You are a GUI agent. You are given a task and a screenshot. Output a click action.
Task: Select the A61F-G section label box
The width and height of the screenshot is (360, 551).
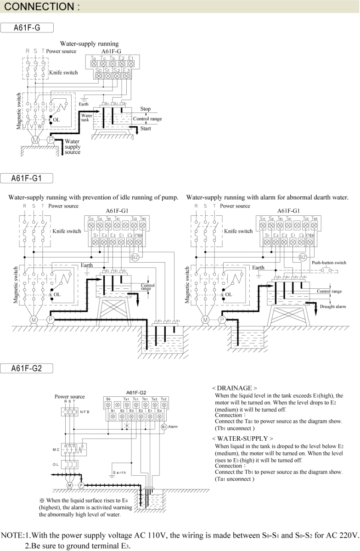click(x=28, y=28)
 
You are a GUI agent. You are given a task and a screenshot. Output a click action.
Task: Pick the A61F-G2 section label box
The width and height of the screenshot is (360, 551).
click(x=28, y=369)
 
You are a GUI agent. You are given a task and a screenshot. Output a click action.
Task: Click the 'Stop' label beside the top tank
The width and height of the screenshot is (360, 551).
click(x=145, y=109)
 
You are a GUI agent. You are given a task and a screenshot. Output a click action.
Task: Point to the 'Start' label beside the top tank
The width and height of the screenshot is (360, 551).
click(x=145, y=129)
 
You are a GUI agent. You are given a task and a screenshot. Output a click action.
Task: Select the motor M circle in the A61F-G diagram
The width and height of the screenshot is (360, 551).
click(x=34, y=139)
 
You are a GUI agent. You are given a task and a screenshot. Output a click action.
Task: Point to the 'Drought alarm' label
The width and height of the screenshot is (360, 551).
click(x=333, y=306)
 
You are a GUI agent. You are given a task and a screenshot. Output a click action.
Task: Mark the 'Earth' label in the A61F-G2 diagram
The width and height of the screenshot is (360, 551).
click(x=120, y=473)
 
